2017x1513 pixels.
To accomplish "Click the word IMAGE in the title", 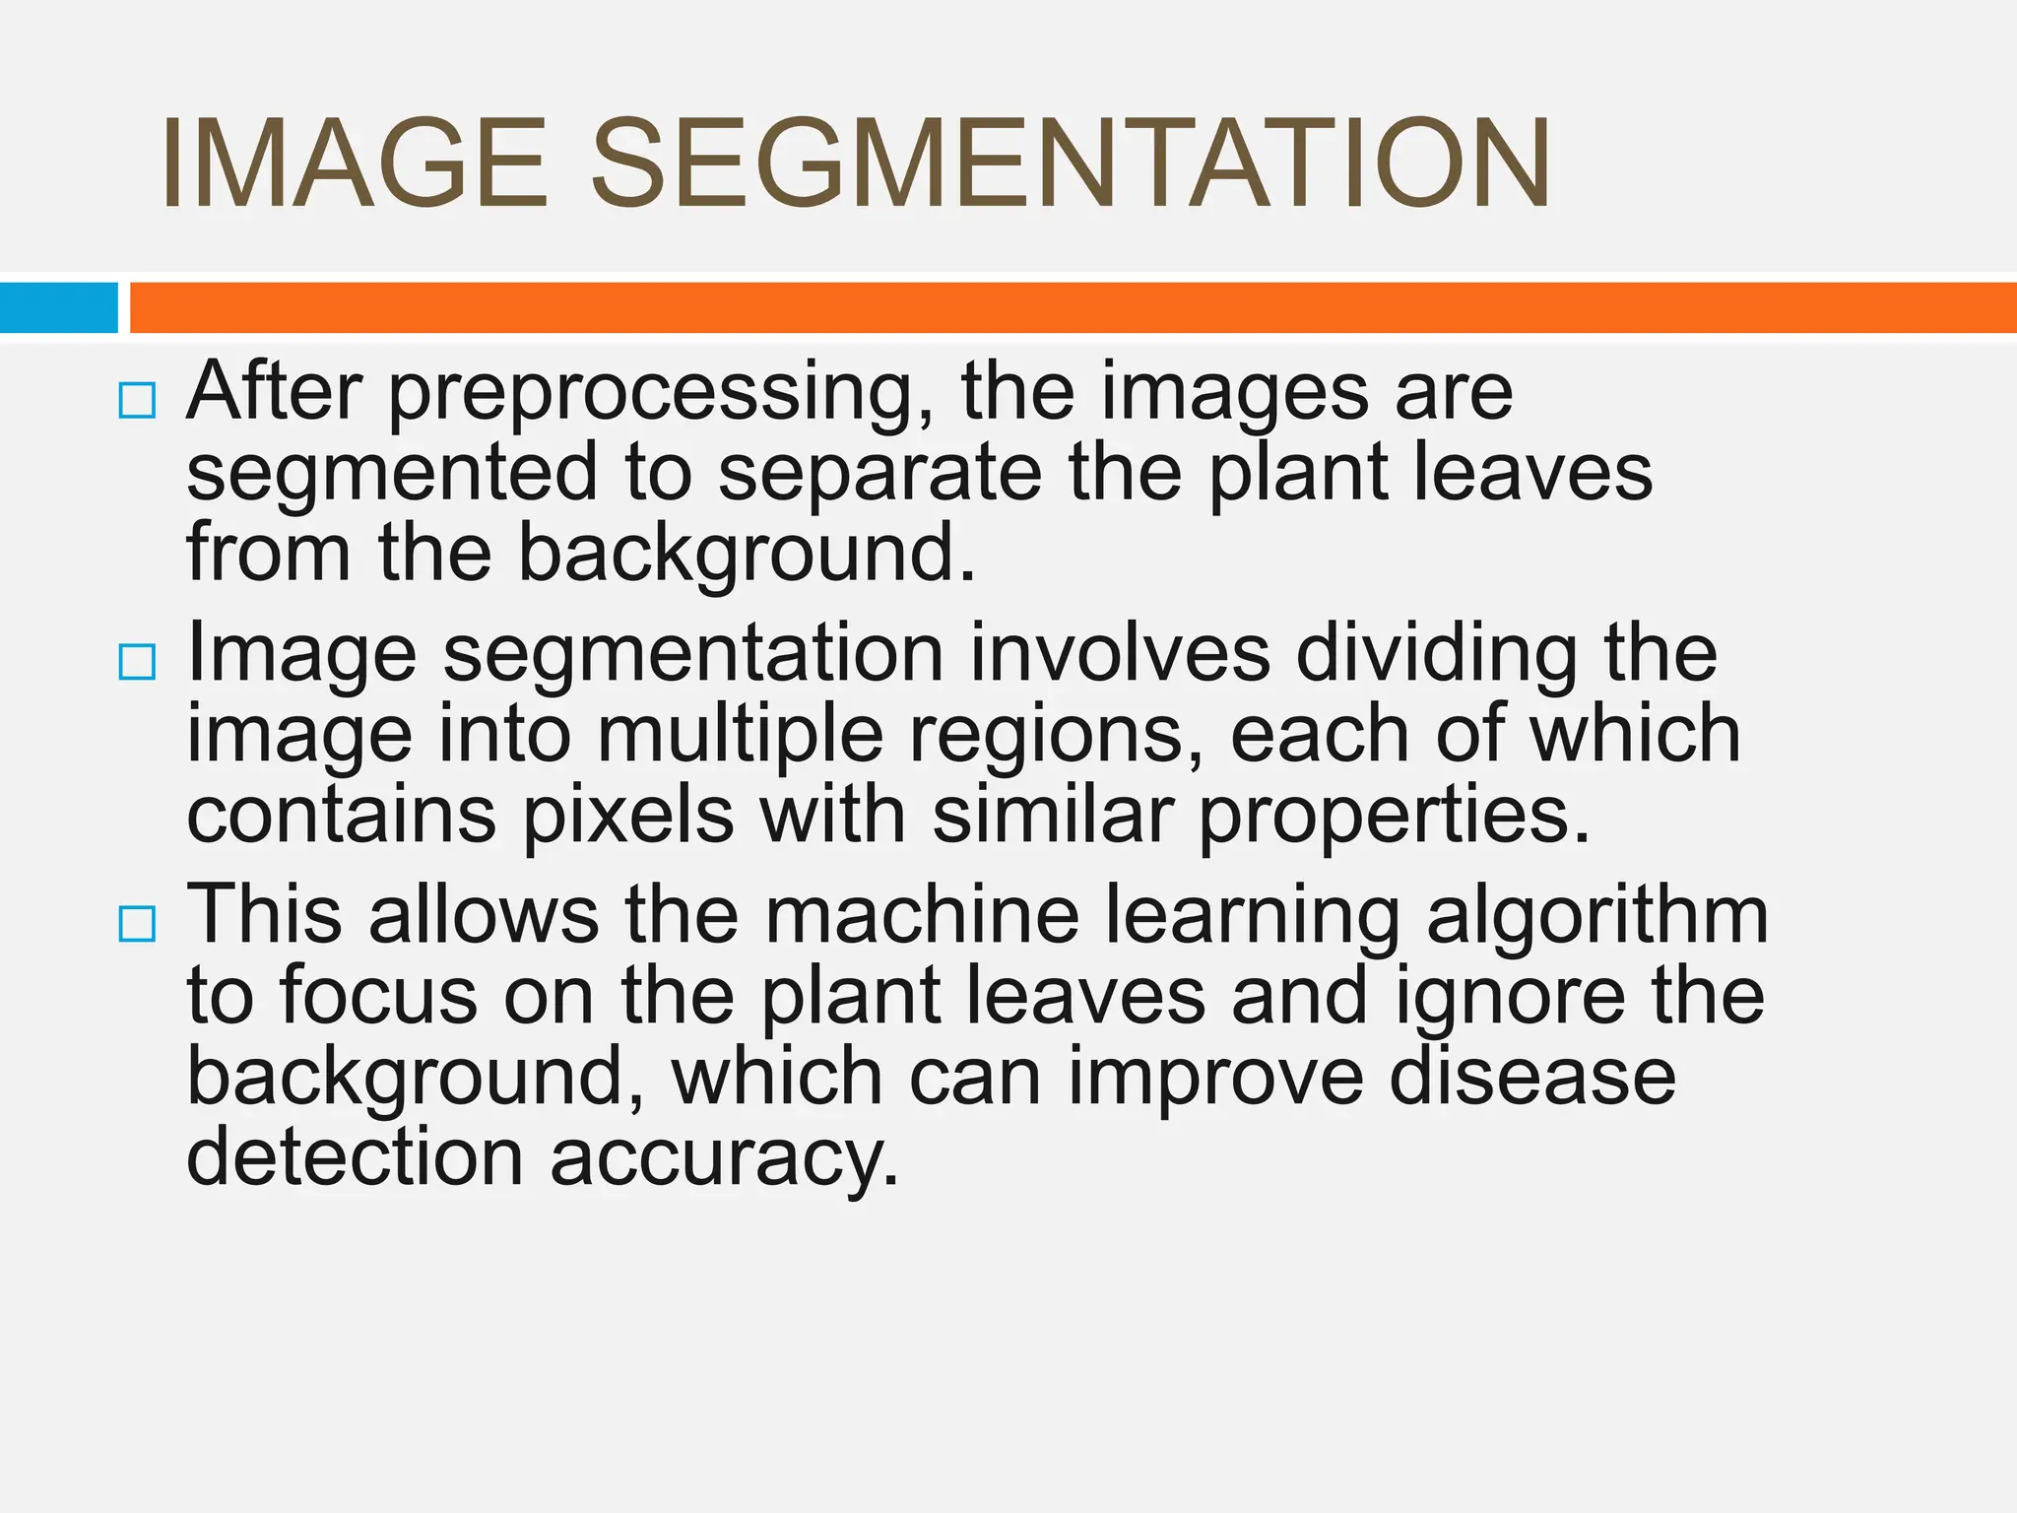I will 354,164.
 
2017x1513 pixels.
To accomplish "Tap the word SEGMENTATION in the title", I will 1071,164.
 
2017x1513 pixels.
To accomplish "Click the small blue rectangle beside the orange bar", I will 59,307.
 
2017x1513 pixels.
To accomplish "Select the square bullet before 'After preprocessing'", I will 137,401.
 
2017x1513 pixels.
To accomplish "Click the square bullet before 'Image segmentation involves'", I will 137,662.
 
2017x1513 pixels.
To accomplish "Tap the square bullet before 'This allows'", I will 137,924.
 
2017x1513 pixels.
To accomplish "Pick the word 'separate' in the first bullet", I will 879,473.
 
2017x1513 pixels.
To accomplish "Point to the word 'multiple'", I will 740,736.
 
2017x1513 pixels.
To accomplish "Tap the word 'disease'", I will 1532,1077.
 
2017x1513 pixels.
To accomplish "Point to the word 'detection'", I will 355,1157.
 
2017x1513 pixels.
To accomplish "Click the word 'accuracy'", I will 724,1159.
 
